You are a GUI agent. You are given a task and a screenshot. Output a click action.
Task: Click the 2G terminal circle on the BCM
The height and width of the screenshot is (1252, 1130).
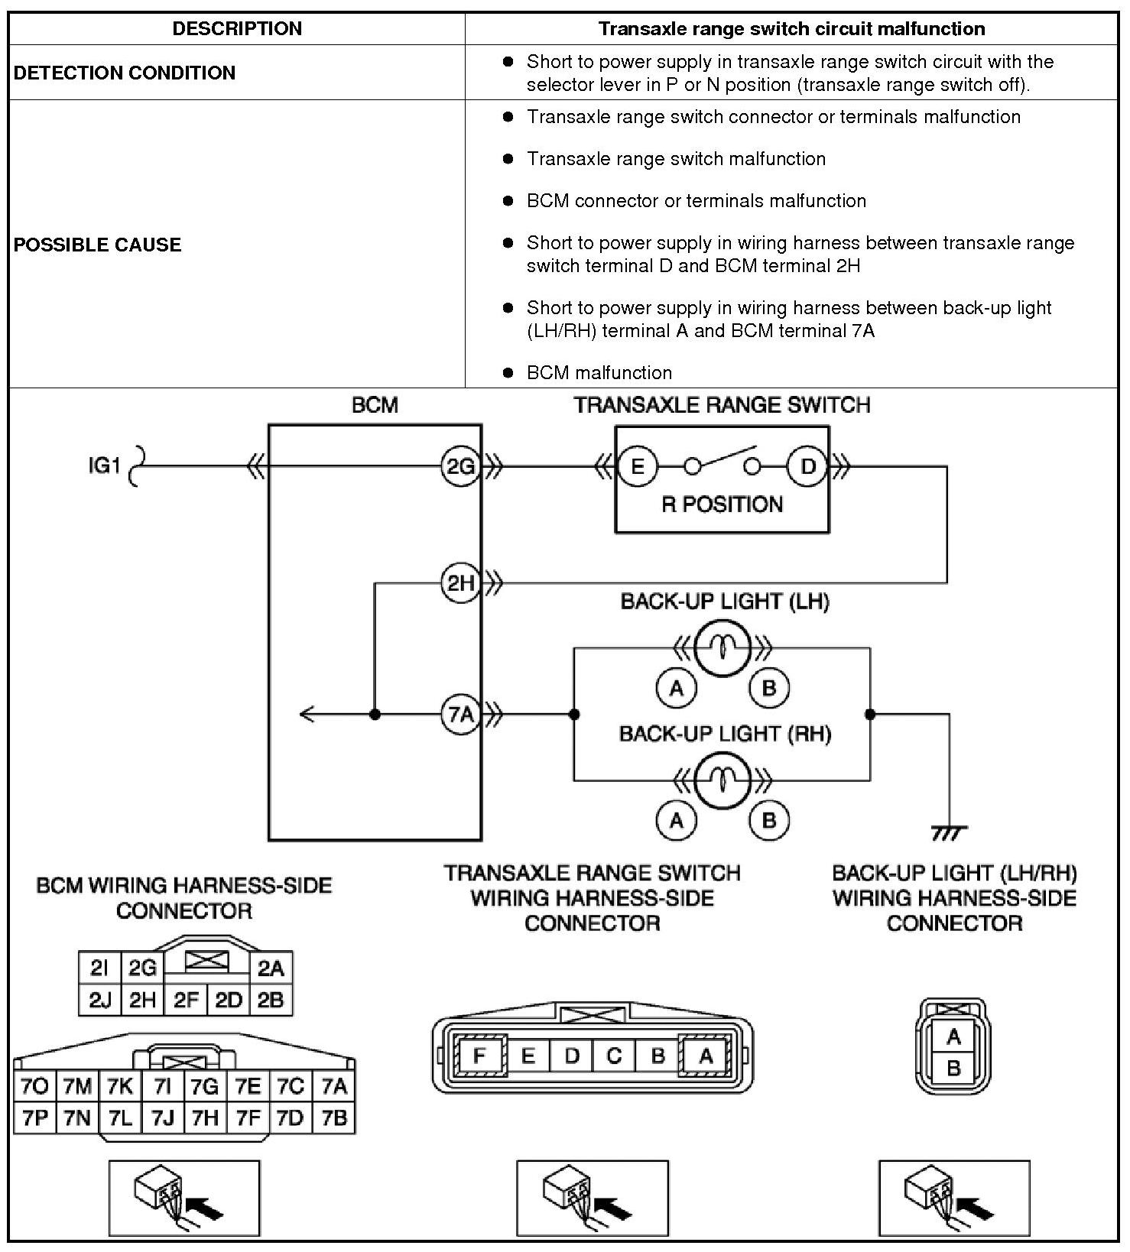(x=460, y=465)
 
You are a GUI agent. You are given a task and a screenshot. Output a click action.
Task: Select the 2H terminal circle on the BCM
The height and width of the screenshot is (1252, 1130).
(x=460, y=584)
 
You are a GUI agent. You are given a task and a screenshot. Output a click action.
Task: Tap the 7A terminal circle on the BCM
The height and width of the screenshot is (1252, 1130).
(x=460, y=715)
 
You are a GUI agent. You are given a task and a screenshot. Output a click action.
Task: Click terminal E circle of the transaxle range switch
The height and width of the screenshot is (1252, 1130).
(x=637, y=465)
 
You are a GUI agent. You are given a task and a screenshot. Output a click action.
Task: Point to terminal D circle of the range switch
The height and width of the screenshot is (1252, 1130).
(x=807, y=465)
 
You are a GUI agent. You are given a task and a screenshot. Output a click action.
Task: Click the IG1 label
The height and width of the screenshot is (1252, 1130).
(x=105, y=465)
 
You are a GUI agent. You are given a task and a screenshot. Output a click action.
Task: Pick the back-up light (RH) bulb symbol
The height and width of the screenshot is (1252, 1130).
(x=722, y=780)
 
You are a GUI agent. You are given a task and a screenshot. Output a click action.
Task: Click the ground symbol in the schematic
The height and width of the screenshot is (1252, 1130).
(x=949, y=832)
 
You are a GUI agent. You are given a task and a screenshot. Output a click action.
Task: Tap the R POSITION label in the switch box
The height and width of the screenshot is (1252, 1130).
(x=722, y=504)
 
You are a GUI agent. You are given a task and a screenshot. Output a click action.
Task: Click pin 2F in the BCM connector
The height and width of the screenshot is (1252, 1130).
(x=186, y=1001)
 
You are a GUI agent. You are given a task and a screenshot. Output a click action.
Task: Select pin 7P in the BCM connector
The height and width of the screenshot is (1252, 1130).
(x=35, y=1118)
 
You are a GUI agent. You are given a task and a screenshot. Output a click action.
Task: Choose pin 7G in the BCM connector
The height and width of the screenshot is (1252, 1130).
(x=205, y=1086)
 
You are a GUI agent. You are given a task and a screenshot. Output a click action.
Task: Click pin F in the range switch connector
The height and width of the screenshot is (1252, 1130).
(x=479, y=1056)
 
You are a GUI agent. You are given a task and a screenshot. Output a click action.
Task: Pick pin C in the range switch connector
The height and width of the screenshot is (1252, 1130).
(x=614, y=1056)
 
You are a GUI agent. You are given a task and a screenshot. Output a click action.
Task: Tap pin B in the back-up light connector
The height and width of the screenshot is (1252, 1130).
(x=953, y=1068)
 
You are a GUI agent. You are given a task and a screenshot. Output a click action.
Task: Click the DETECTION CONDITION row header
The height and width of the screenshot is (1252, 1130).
(x=125, y=73)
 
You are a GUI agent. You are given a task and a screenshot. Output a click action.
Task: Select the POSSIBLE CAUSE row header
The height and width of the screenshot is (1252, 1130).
(x=98, y=245)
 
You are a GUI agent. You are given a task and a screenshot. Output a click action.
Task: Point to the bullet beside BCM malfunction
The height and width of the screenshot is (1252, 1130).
(x=508, y=373)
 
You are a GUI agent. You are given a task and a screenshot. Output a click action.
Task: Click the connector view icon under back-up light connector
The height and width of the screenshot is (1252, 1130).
(x=953, y=1198)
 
